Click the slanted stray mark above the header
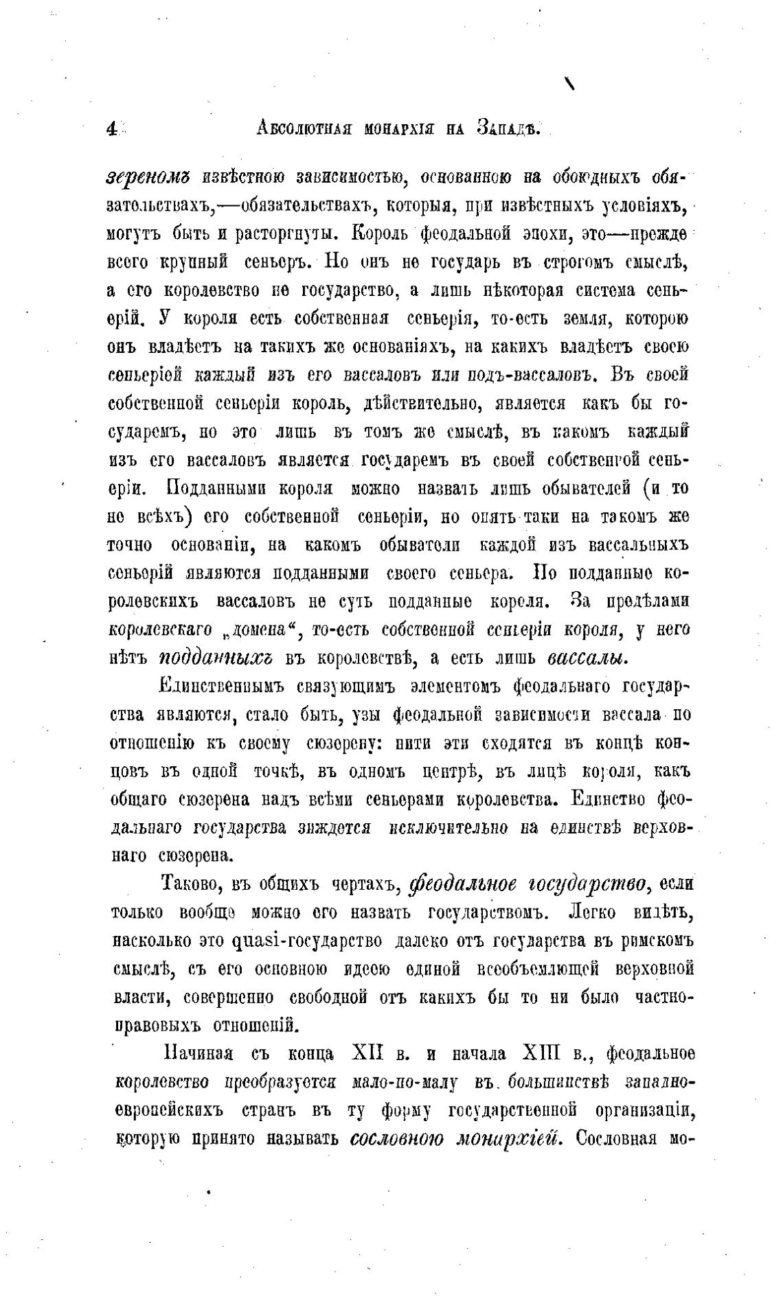(x=569, y=84)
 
